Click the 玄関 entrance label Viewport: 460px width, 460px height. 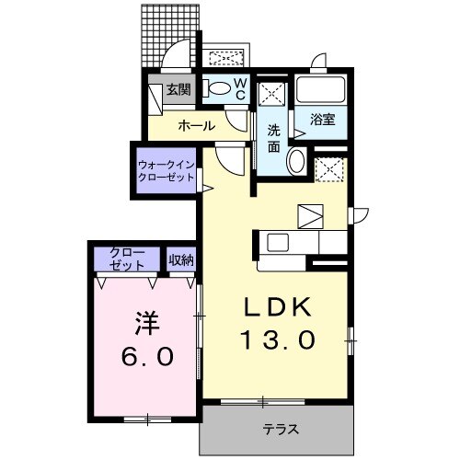pos(178,90)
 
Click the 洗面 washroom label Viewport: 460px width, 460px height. pos(274,138)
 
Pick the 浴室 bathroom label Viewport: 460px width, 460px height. pos(322,120)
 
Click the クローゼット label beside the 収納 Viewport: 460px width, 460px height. pos(127,259)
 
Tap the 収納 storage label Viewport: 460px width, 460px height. pos(181,259)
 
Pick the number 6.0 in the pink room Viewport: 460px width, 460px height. pos(146,357)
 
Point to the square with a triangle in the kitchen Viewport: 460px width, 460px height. pos(310,215)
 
